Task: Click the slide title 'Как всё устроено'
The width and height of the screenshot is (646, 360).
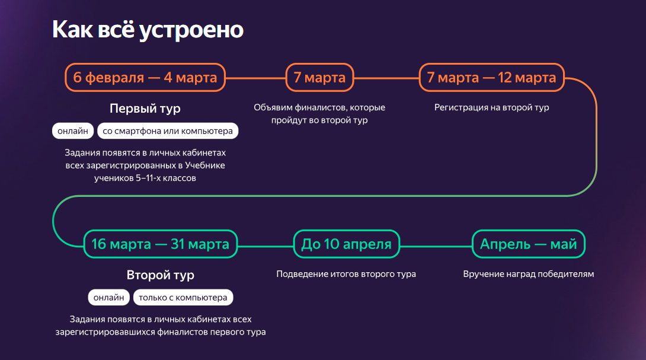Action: [148, 30]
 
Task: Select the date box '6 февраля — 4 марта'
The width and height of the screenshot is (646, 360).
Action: [145, 77]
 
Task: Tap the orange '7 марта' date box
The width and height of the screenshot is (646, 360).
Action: [319, 77]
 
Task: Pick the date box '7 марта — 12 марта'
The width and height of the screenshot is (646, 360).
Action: [491, 77]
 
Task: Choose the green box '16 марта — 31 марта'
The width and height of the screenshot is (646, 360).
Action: [160, 244]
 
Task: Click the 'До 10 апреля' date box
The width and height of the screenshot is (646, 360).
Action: [347, 244]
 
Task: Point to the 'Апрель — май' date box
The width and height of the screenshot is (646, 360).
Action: [528, 244]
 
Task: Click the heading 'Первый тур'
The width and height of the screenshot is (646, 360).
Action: [145, 109]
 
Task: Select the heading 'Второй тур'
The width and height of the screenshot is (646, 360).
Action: [160, 275]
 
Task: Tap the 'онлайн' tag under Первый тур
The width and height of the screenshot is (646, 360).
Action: [73, 130]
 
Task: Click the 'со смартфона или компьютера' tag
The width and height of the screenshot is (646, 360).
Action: [168, 130]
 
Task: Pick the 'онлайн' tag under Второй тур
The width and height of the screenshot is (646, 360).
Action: [109, 297]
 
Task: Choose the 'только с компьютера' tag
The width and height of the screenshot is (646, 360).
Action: [183, 297]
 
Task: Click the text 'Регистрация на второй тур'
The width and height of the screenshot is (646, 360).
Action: [491, 107]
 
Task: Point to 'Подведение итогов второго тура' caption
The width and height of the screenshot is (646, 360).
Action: [346, 274]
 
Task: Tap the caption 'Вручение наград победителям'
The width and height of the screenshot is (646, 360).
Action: [529, 274]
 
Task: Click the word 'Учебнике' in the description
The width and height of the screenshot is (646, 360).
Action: [204, 165]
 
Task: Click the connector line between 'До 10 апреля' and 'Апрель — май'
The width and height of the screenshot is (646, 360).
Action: [436, 247]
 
